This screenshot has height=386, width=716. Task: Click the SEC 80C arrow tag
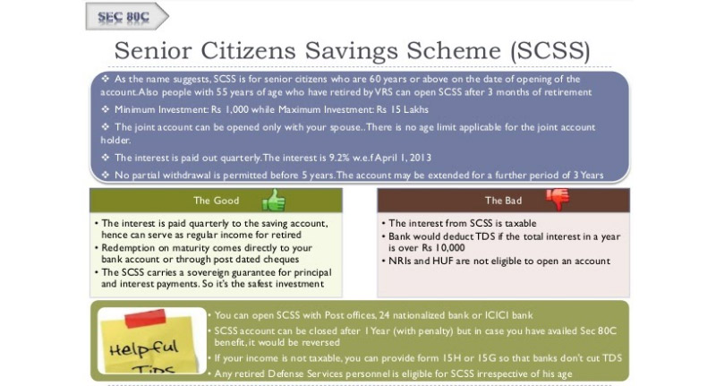click(127, 16)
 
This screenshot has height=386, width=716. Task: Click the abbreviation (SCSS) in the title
click(550, 50)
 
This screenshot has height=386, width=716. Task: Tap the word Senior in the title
click(153, 50)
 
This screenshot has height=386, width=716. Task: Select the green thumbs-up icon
click(274, 200)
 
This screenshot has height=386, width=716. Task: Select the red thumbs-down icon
click(558, 199)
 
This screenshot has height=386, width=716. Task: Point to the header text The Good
click(216, 201)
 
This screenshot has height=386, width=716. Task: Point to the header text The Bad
click(503, 201)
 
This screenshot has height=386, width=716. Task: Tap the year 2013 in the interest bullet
click(420, 158)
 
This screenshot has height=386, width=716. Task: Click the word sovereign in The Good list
click(201, 273)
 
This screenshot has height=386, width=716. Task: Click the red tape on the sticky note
click(145, 318)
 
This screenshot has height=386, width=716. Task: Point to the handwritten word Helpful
click(143, 349)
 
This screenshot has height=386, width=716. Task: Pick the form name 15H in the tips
click(449, 358)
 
